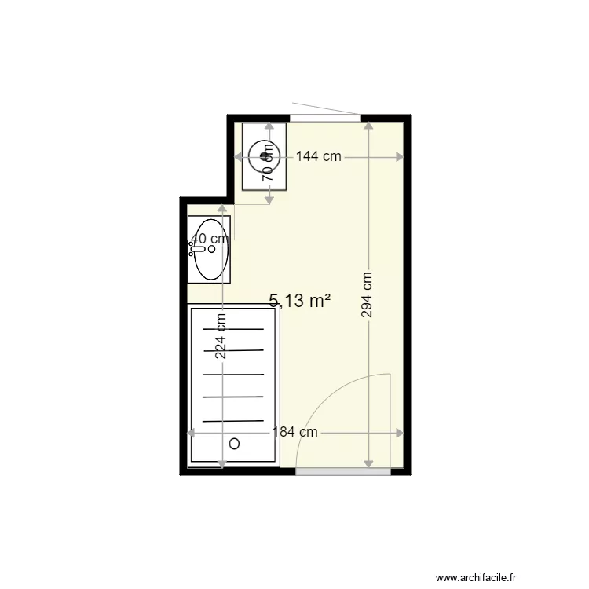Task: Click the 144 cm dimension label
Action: click(320, 156)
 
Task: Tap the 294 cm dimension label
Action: click(367, 294)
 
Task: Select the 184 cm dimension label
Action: click(294, 432)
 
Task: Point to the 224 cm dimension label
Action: click(221, 336)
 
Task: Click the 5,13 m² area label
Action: click(299, 300)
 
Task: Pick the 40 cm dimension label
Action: click(210, 239)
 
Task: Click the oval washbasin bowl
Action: click(210, 250)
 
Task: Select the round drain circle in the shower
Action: click(234, 444)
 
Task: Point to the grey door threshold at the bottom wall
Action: click(344, 470)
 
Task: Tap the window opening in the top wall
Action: click(325, 118)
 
